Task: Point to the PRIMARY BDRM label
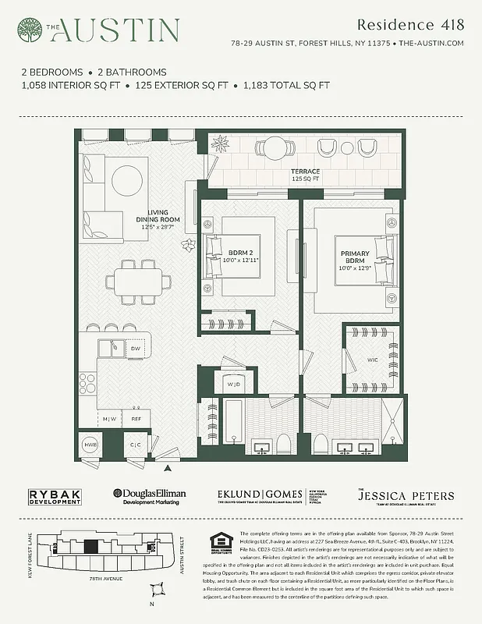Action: pos(355,258)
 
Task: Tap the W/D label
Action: pos(233,385)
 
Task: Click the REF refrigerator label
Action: pos(136,420)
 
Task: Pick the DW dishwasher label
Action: pos(135,349)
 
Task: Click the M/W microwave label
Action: pos(109,420)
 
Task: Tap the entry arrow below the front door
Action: pos(167,468)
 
